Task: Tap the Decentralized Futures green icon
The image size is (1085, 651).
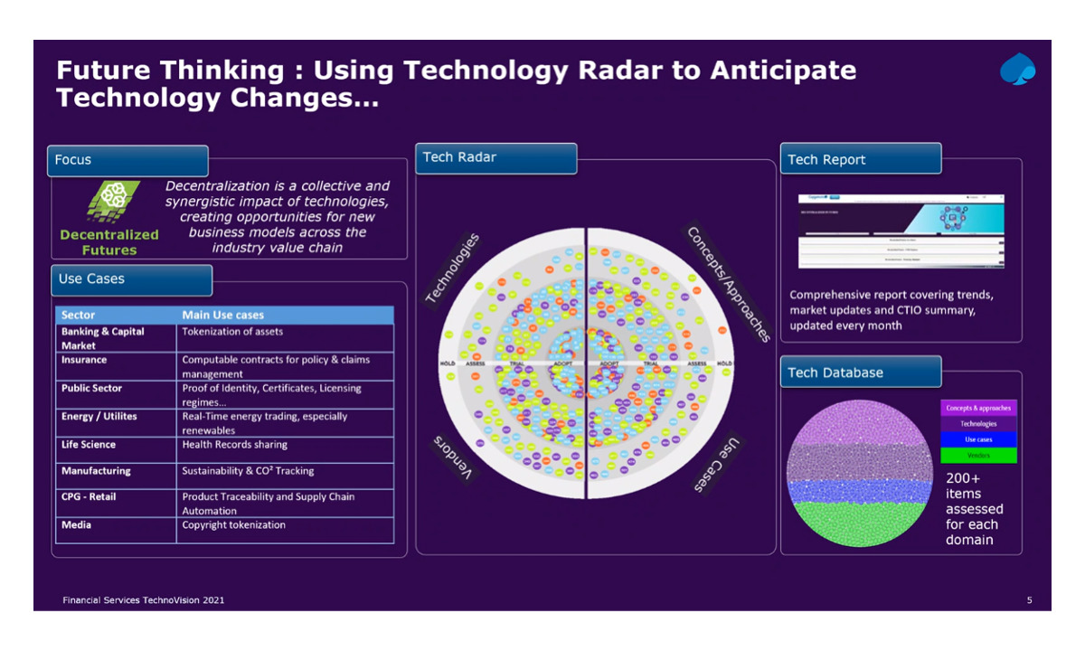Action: coord(113,202)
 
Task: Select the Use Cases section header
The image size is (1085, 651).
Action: coord(131,279)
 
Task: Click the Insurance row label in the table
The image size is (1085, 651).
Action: coord(84,360)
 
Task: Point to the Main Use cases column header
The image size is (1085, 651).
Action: coord(223,315)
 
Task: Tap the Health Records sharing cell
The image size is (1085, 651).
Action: coord(235,445)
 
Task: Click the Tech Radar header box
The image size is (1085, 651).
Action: coord(495,158)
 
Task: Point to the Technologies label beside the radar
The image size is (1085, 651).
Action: coord(452,269)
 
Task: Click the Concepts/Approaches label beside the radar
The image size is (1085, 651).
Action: coord(729,284)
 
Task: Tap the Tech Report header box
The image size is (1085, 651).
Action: coord(859,159)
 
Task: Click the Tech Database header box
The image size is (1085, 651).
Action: coord(859,373)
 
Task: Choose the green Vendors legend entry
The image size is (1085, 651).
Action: coord(978,455)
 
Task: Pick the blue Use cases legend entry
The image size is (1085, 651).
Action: coord(978,439)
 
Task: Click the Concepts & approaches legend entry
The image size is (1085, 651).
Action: coord(978,408)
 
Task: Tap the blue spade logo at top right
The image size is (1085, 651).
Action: coord(1018,71)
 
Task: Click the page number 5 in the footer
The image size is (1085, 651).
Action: coord(1030,600)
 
